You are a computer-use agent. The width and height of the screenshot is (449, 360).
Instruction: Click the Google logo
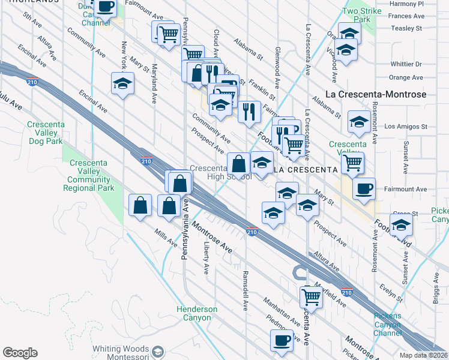[x=20, y=353]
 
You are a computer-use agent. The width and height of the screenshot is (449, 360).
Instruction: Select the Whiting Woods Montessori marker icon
[x=158, y=352]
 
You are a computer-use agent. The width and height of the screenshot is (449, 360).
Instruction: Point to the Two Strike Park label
[x=358, y=15]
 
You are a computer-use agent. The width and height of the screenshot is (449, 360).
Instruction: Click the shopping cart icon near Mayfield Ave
[x=311, y=295]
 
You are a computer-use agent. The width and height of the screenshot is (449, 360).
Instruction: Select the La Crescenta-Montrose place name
[x=375, y=94]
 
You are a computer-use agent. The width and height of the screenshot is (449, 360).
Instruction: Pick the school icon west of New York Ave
[x=123, y=83]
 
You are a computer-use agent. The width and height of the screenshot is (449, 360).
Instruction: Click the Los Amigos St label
[x=405, y=127]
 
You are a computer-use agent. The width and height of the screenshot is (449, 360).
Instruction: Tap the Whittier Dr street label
[x=406, y=64]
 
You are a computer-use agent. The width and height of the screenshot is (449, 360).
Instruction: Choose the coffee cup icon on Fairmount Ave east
[x=364, y=189]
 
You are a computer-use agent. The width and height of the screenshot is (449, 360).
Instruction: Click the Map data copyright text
[x=424, y=355]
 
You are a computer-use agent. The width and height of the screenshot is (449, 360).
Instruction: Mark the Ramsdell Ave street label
[x=245, y=290]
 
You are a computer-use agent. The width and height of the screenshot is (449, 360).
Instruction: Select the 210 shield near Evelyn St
[x=346, y=292]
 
